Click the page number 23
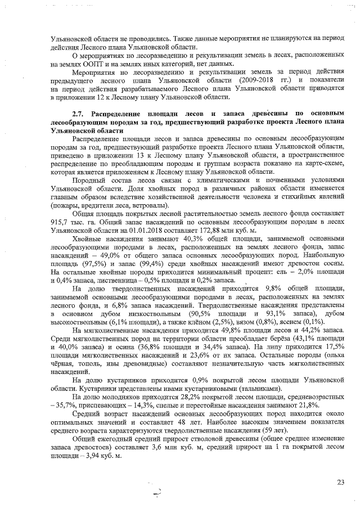pos(340,481)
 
